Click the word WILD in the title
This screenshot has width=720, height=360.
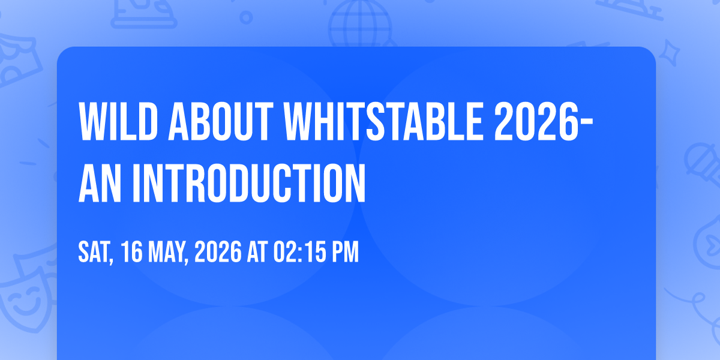click(x=118, y=122)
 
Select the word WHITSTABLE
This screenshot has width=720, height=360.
click(x=383, y=122)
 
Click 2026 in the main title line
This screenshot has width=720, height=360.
click(x=536, y=122)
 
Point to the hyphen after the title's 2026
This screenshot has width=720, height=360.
click(x=587, y=124)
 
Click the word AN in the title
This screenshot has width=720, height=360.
click(x=100, y=183)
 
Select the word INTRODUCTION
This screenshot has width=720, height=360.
click(x=249, y=183)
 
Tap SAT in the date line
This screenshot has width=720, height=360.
click(x=95, y=253)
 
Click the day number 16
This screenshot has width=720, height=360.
click(x=131, y=252)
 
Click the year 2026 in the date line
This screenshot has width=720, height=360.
click(x=218, y=252)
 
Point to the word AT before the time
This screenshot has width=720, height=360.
click(x=257, y=252)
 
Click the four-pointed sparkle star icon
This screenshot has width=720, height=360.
click(x=669, y=53)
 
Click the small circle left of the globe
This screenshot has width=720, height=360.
click(x=246, y=17)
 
